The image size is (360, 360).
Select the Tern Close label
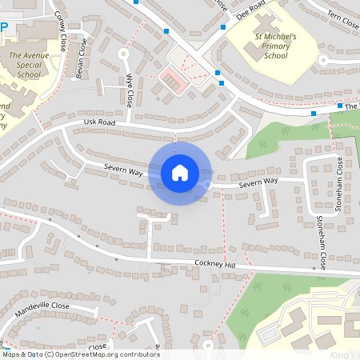[x=341, y=17]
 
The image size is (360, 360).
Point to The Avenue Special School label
[x=22, y=64]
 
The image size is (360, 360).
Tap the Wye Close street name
[x=129, y=90]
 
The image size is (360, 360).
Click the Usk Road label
[x=99, y=122]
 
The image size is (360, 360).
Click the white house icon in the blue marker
[x=179, y=173]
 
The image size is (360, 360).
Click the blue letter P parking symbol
[x=4, y=26]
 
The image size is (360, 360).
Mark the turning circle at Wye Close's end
[x=124, y=54]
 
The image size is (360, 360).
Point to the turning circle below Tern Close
[x=323, y=60]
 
